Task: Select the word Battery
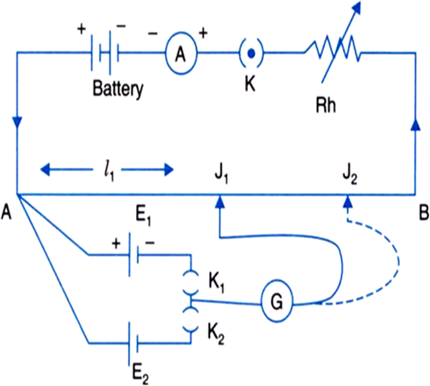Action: click(117, 89)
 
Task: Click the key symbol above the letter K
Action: click(251, 53)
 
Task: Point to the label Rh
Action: click(326, 105)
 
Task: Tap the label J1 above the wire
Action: click(222, 176)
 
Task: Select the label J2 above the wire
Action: click(350, 176)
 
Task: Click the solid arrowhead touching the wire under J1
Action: click(220, 201)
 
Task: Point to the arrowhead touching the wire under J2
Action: click(348, 201)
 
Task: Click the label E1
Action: click(143, 218)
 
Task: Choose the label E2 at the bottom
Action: click(140, 375)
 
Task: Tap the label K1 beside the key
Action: click(216, 284)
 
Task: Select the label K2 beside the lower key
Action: click(216, 336)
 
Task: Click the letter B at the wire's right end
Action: click(424, 213)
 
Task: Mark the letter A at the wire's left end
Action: click(6, 212)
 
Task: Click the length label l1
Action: click(109, 172)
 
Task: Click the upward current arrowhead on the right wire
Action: click(416, 124)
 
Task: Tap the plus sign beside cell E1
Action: click(117, 244)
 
